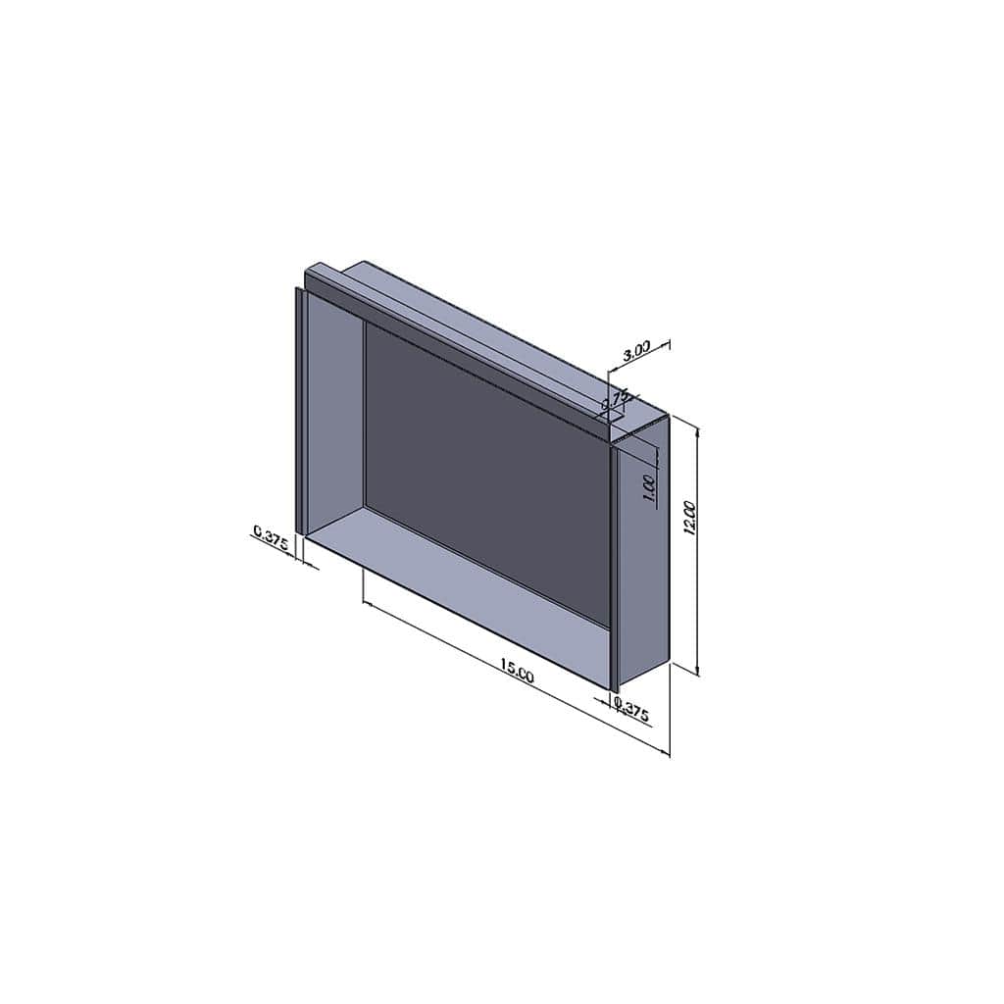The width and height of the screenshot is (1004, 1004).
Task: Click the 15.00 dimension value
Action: [517, 670]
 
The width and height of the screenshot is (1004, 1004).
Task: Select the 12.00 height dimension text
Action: [689, 517]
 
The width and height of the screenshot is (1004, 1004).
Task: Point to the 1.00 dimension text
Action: [648, 487]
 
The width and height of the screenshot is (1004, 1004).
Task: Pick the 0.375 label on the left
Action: [272, 537]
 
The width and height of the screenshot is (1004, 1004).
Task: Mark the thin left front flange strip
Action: [297, 412]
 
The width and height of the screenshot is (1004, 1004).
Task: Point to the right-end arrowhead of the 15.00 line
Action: [665, 752]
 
